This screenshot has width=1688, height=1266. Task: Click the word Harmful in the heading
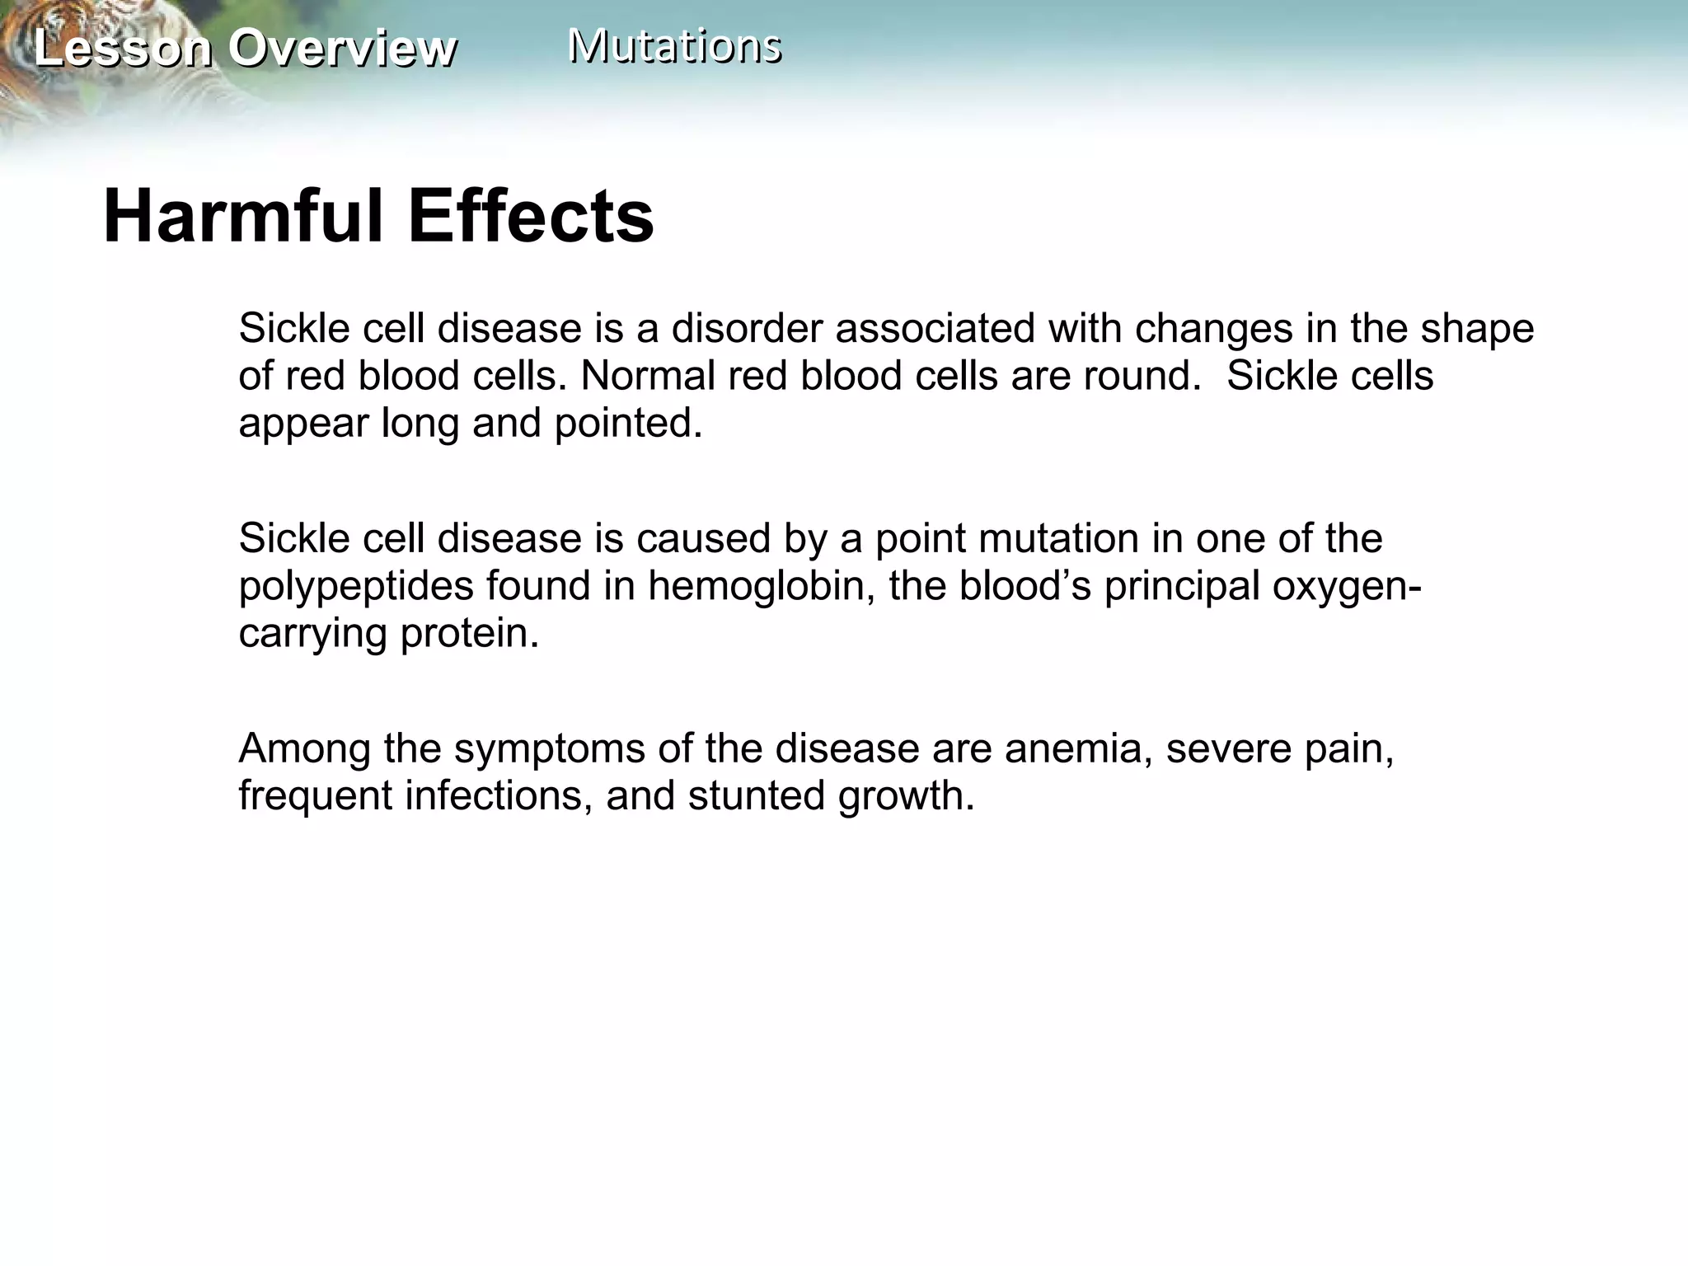[x=245, y=217]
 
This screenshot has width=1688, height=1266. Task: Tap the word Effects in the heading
[x=531, y=217]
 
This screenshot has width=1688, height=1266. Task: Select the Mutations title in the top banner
[x=674, y=45]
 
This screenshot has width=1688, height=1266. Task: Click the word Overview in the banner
[x=342, y=48]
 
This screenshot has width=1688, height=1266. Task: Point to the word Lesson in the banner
[x=123, y=48]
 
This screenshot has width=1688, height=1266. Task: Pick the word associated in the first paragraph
[x=934, y=328]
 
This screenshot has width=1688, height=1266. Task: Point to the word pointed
[x=628, y=423]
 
